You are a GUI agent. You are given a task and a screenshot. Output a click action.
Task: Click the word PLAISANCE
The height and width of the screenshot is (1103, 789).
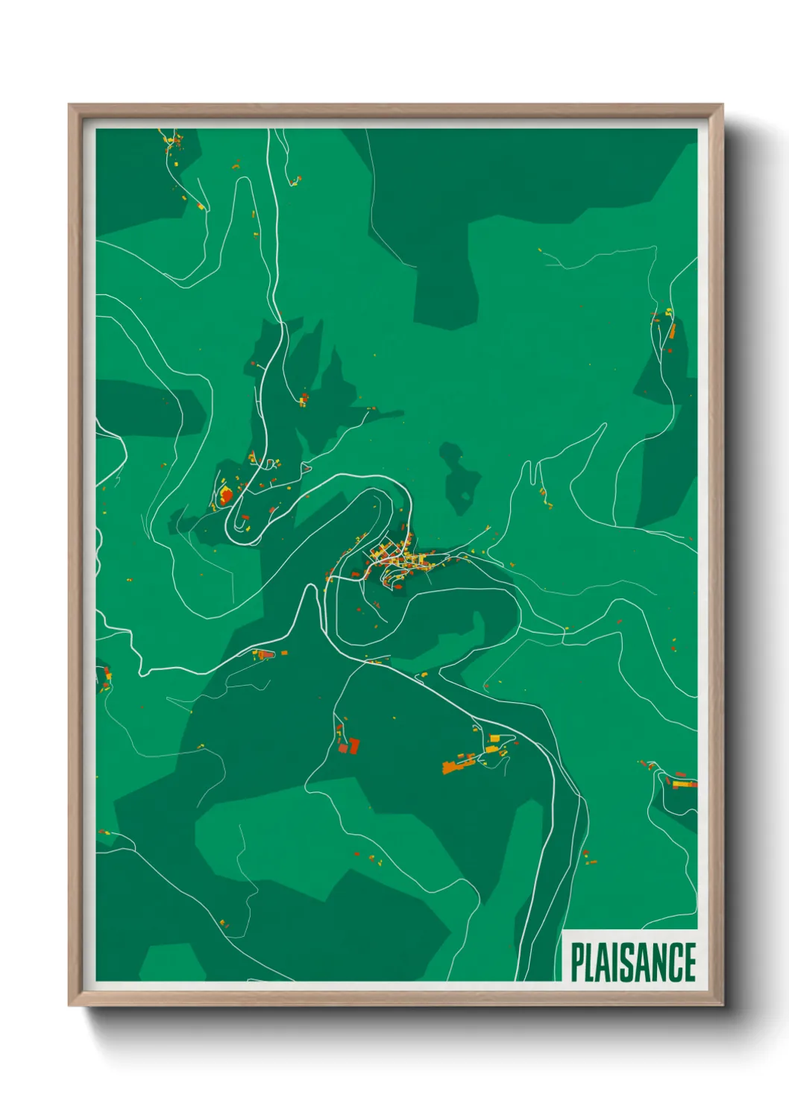(633, 962)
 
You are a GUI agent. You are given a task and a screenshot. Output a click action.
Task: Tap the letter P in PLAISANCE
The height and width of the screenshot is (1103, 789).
(577, 962)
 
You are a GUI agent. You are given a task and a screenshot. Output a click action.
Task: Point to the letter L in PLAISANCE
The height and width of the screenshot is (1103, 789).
(593, 962)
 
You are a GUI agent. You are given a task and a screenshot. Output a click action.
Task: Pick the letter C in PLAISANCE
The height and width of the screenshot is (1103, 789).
(673, 962)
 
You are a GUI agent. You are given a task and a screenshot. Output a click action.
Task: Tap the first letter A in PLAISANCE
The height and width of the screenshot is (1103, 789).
(608, 962)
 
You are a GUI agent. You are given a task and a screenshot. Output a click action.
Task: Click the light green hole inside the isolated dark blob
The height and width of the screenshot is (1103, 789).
(465, 496)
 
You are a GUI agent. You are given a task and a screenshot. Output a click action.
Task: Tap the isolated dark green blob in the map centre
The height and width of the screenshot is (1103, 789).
(456, 477)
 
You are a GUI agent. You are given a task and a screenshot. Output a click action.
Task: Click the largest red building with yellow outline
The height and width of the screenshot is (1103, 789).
(224, 494)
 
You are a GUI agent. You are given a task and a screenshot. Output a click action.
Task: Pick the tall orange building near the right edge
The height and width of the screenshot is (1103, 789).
(671, 330)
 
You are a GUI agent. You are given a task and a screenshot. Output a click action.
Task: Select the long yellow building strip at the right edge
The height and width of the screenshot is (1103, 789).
(682, 784)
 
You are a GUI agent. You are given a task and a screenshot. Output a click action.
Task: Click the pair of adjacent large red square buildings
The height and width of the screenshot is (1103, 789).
(350, 746)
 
